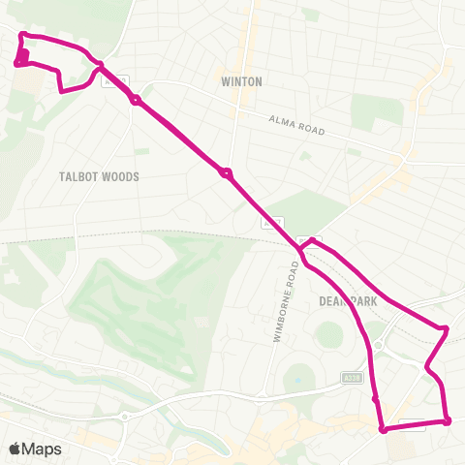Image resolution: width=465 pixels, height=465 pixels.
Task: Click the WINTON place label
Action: point(241,81)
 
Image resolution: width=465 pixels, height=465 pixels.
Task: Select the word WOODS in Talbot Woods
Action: point(124,177)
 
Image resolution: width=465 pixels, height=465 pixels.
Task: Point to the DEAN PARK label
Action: point(347,301)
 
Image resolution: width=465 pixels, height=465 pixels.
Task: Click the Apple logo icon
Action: point(15,449)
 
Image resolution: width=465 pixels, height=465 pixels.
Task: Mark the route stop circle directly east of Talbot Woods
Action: point(226,174)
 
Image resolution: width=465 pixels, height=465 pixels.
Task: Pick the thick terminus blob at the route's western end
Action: point(21,58)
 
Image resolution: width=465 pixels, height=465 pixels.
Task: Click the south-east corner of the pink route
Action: point(448,420)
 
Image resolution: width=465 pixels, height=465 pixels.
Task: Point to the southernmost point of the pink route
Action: point(384,429)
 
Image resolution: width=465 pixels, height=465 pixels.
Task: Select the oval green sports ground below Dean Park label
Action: point(330,335)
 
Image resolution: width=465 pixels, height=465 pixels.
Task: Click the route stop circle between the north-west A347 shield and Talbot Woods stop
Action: point(137,100)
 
